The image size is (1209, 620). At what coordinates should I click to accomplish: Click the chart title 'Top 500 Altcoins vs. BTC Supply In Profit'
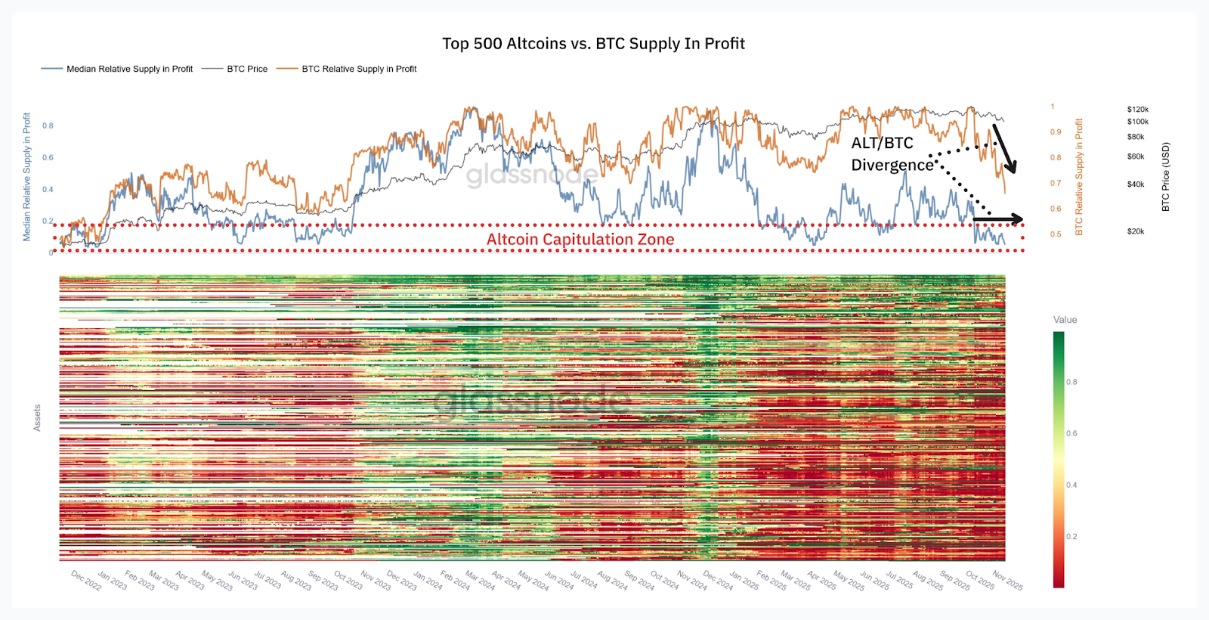click(593, 44)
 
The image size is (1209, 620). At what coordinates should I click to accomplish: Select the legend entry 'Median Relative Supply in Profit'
click(129, 69)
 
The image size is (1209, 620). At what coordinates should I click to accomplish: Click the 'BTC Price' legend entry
click(247, 69)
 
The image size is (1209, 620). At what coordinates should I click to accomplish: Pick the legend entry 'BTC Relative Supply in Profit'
click(359, 69)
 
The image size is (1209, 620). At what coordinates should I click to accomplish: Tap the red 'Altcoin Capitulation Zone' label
click(580, 240)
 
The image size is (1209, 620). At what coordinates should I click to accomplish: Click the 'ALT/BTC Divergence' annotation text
click(892, 154)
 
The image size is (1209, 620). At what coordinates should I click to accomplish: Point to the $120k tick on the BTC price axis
click(1137, 110)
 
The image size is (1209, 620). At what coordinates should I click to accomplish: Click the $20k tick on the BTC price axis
click(1136, 231)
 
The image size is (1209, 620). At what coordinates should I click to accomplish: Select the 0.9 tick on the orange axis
click(1056, 132)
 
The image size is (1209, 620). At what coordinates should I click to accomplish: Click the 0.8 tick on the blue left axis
click(48, 126)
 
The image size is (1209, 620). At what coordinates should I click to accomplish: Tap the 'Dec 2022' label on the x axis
click(86, 581)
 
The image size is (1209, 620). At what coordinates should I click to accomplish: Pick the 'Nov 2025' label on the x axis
click(1007, 581)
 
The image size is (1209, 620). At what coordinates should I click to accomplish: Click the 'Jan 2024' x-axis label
click(428, 581)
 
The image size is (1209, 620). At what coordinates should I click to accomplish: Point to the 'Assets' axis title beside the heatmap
click(37, 417)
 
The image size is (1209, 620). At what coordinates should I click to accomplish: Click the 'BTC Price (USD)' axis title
click(1165, 177)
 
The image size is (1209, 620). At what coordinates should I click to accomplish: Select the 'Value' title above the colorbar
click(1065, 320)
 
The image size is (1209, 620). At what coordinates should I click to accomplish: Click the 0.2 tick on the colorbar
click(1071, 537)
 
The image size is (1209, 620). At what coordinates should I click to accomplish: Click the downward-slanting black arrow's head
click(1013, 167)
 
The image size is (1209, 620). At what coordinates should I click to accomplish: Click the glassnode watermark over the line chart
click(532, 175)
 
